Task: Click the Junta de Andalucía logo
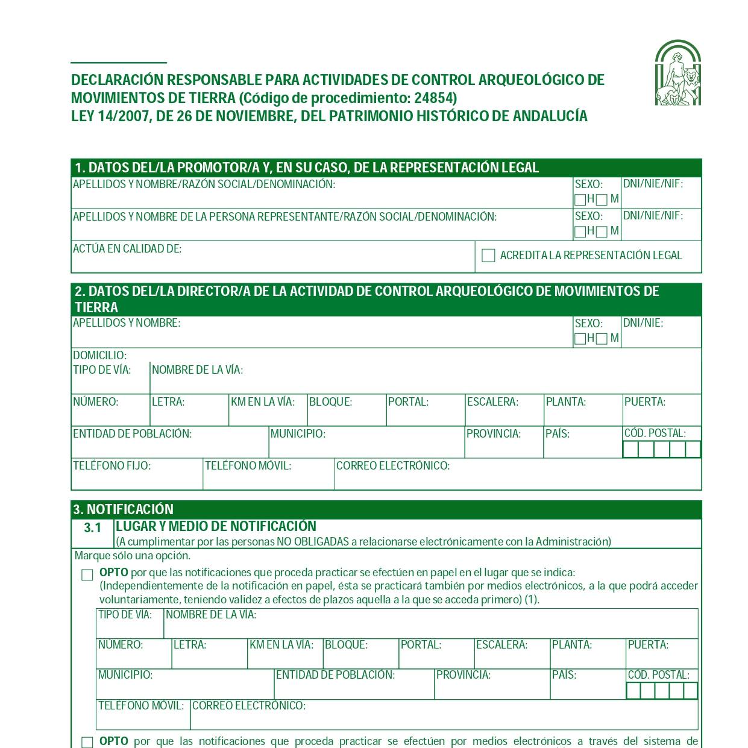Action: click(x=678, y=73)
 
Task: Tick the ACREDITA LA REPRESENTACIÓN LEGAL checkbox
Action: click(x=488, y=256)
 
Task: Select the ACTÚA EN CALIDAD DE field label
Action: click(x=127, y=248)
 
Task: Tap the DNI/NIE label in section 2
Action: click(x=643, y=323)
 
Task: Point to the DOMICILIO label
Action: click(x=99, y=356)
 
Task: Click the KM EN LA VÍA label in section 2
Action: click(x=262, y=402)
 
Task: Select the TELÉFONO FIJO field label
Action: click(x=112, y=466)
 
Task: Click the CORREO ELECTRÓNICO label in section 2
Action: click(x=392, y=466)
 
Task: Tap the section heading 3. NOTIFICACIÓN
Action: click(x=123, y=509)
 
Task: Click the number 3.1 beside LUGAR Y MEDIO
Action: click(x=93, y=528)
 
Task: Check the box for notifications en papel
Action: click(x=87, y=575)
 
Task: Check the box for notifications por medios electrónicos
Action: click(x=87, y=743)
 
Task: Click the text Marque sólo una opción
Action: click(x=132, y=556)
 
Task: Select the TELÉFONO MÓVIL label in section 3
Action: click(x=140, y=706)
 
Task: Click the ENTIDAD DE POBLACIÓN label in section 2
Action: click(x=132, y=434)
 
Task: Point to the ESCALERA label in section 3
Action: click(x=501, y=645)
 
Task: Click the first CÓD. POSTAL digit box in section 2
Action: click(x=630, y=450)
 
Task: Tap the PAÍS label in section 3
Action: click(x=564, y=675)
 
